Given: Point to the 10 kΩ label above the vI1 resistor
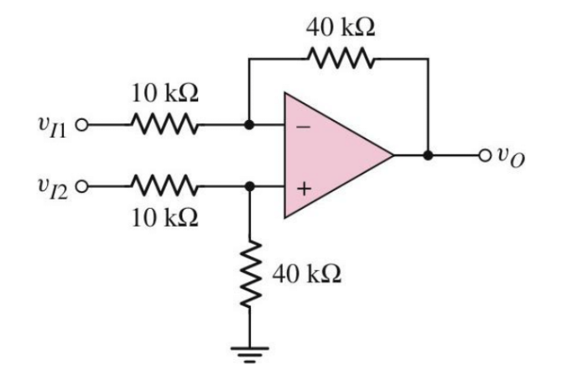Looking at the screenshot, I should coord(164,94).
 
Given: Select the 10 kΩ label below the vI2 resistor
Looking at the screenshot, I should coord(164,218).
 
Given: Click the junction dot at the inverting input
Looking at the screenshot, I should coord(249,127).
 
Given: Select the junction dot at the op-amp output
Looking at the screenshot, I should coord(429,156).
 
